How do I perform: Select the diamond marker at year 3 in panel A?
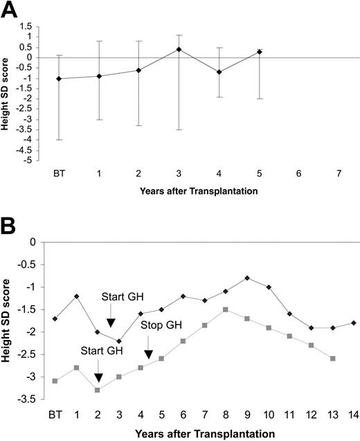click(179, 49)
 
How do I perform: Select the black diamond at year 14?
click(354, 323)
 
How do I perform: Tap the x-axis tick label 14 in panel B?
click(354, 415)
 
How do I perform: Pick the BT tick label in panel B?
click(54, 415)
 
